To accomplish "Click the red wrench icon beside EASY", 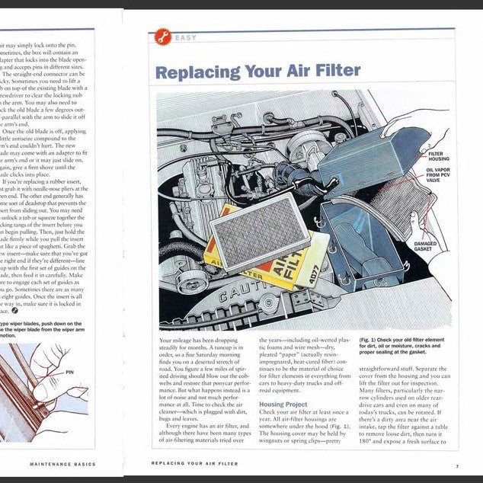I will coord(162,37).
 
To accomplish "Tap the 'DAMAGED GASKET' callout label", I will coord(425,247).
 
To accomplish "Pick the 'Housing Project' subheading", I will coord(283,405).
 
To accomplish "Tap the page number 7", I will coord(457,465).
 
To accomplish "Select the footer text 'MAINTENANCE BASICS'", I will coord(62,463).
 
